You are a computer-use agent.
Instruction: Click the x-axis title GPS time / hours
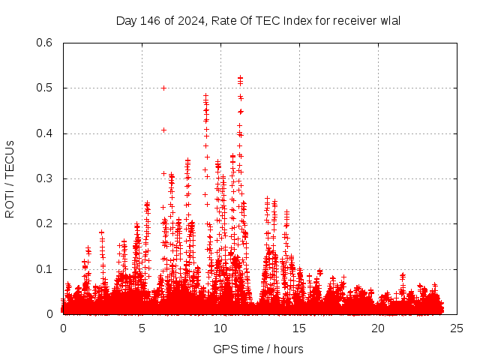tap(258, 349)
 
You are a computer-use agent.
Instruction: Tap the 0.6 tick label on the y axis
tap(46, 43)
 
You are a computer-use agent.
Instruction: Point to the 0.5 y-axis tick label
tap(46, 88)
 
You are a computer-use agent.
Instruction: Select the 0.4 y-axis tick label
tap(46, 133)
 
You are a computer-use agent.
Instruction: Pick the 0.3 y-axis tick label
tap(46, 178)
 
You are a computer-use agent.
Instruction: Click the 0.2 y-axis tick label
tap(46, 223)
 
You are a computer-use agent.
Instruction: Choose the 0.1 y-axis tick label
tap(46, 269)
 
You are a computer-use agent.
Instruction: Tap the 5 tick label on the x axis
tap(142, 328)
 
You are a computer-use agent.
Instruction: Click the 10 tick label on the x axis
tap(220, 328)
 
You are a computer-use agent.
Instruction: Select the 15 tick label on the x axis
tap(299, 328)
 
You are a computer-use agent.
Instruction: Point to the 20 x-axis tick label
tap(378, 328)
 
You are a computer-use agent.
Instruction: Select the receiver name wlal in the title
tap(389, 20)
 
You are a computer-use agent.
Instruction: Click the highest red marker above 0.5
tap(240, 76)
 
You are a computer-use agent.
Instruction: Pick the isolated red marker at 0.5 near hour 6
tap(163, 88)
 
